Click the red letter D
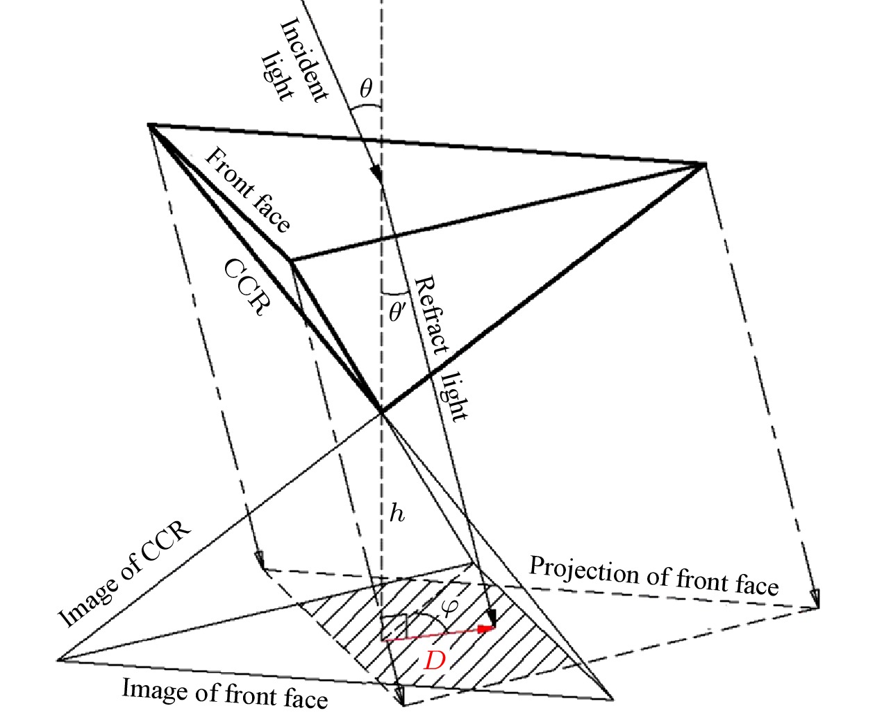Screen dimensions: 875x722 pos(434,662)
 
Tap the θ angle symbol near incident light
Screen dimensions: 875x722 pos(366,88)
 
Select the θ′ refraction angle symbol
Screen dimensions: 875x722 pos(397,312)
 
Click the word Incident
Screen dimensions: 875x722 pos(303,59)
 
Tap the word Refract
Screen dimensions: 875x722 pos(431,315)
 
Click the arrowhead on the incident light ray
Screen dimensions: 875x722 pos(376,174)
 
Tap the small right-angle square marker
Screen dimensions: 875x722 pos(394,628)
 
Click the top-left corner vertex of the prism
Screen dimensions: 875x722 pos(149,124)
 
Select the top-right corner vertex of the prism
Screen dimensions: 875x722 pos(705,163)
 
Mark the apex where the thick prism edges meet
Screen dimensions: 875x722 pos(381,413)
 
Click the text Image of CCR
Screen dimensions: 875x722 pos(124,573)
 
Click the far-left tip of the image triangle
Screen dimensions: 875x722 pos(58,659)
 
